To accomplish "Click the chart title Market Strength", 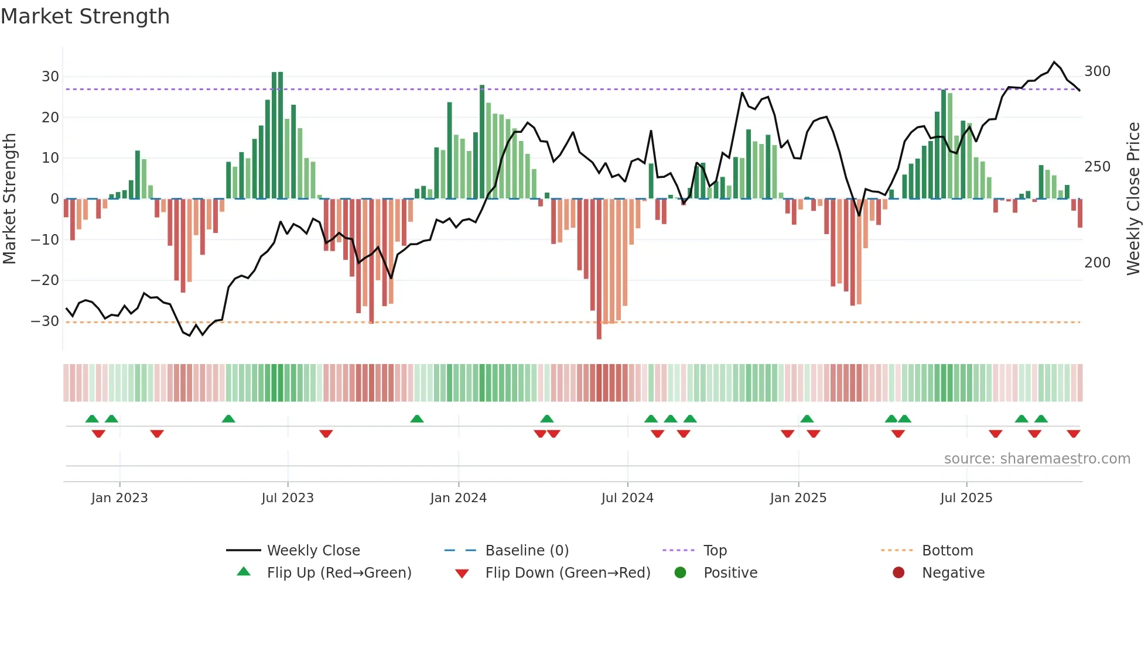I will pos(85,16).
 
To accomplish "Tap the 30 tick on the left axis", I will pos(50,77).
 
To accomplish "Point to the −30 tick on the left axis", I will pos(45,321).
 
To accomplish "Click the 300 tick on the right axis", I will pos(1097,71).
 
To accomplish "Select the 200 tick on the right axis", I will pos(1097,263).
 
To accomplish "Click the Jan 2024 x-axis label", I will pos(458,498).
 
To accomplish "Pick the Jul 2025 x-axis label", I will pos(966,498).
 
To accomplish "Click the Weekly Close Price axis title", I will pos(1134,199).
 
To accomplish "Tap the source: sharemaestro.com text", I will pos(1037,459).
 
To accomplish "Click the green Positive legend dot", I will pos(680,572).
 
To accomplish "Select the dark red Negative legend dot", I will pos(898,572).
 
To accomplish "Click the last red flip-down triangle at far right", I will pos(1073,434).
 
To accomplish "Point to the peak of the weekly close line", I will pos(1054,62).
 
